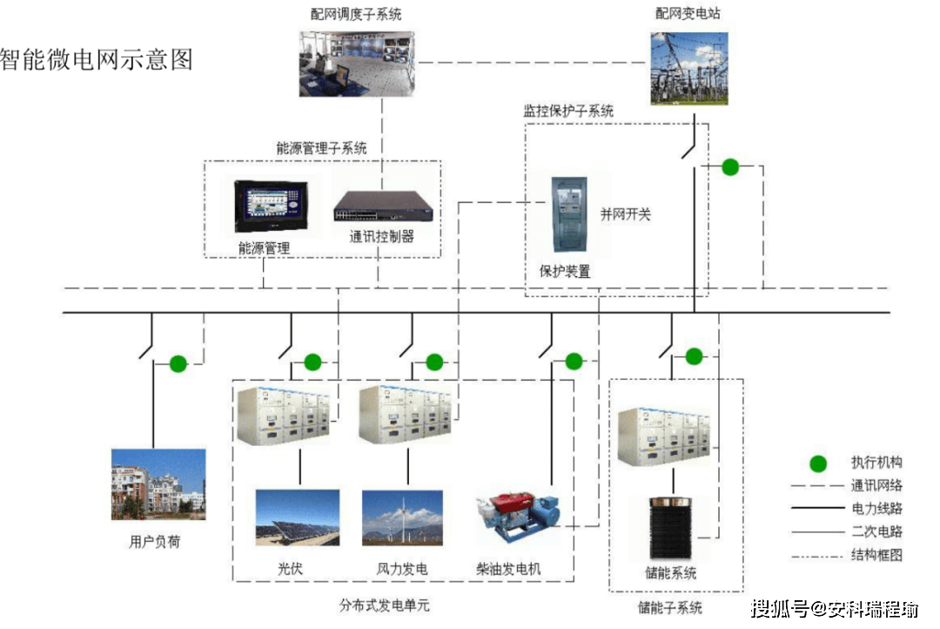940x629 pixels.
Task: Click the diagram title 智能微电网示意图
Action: (x=97, y=59)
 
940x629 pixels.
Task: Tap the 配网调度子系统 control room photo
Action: (x=357, y=64)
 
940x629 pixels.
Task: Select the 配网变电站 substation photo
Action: (x=689, y=69)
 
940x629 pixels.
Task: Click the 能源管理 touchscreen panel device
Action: (x=271, y=206)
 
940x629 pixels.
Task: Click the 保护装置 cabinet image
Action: (x=569, y=214)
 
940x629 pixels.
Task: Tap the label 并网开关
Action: (x=625, y=214)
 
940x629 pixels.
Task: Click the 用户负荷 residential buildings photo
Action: (x=158, y=484)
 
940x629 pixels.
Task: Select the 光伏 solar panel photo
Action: (x=298, y=517)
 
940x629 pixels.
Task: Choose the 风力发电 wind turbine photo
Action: (x=402, y=518)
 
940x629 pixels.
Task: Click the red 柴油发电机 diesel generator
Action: (x=518, y=517)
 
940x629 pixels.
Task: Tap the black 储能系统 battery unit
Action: (x=671, y=528)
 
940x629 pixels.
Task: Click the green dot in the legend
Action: (x=818, y=463)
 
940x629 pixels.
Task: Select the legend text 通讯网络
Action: (x=876, y=485)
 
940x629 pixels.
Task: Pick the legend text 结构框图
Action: (x=876, y=555)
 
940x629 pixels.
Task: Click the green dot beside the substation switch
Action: (x=730, y=167)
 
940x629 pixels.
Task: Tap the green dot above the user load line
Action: (x=178, y=363)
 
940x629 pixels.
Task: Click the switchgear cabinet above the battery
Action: (x=664, y=436)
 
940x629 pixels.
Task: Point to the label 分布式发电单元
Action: (x=385, y=605)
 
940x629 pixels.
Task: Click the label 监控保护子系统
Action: (x=568, y=111)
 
